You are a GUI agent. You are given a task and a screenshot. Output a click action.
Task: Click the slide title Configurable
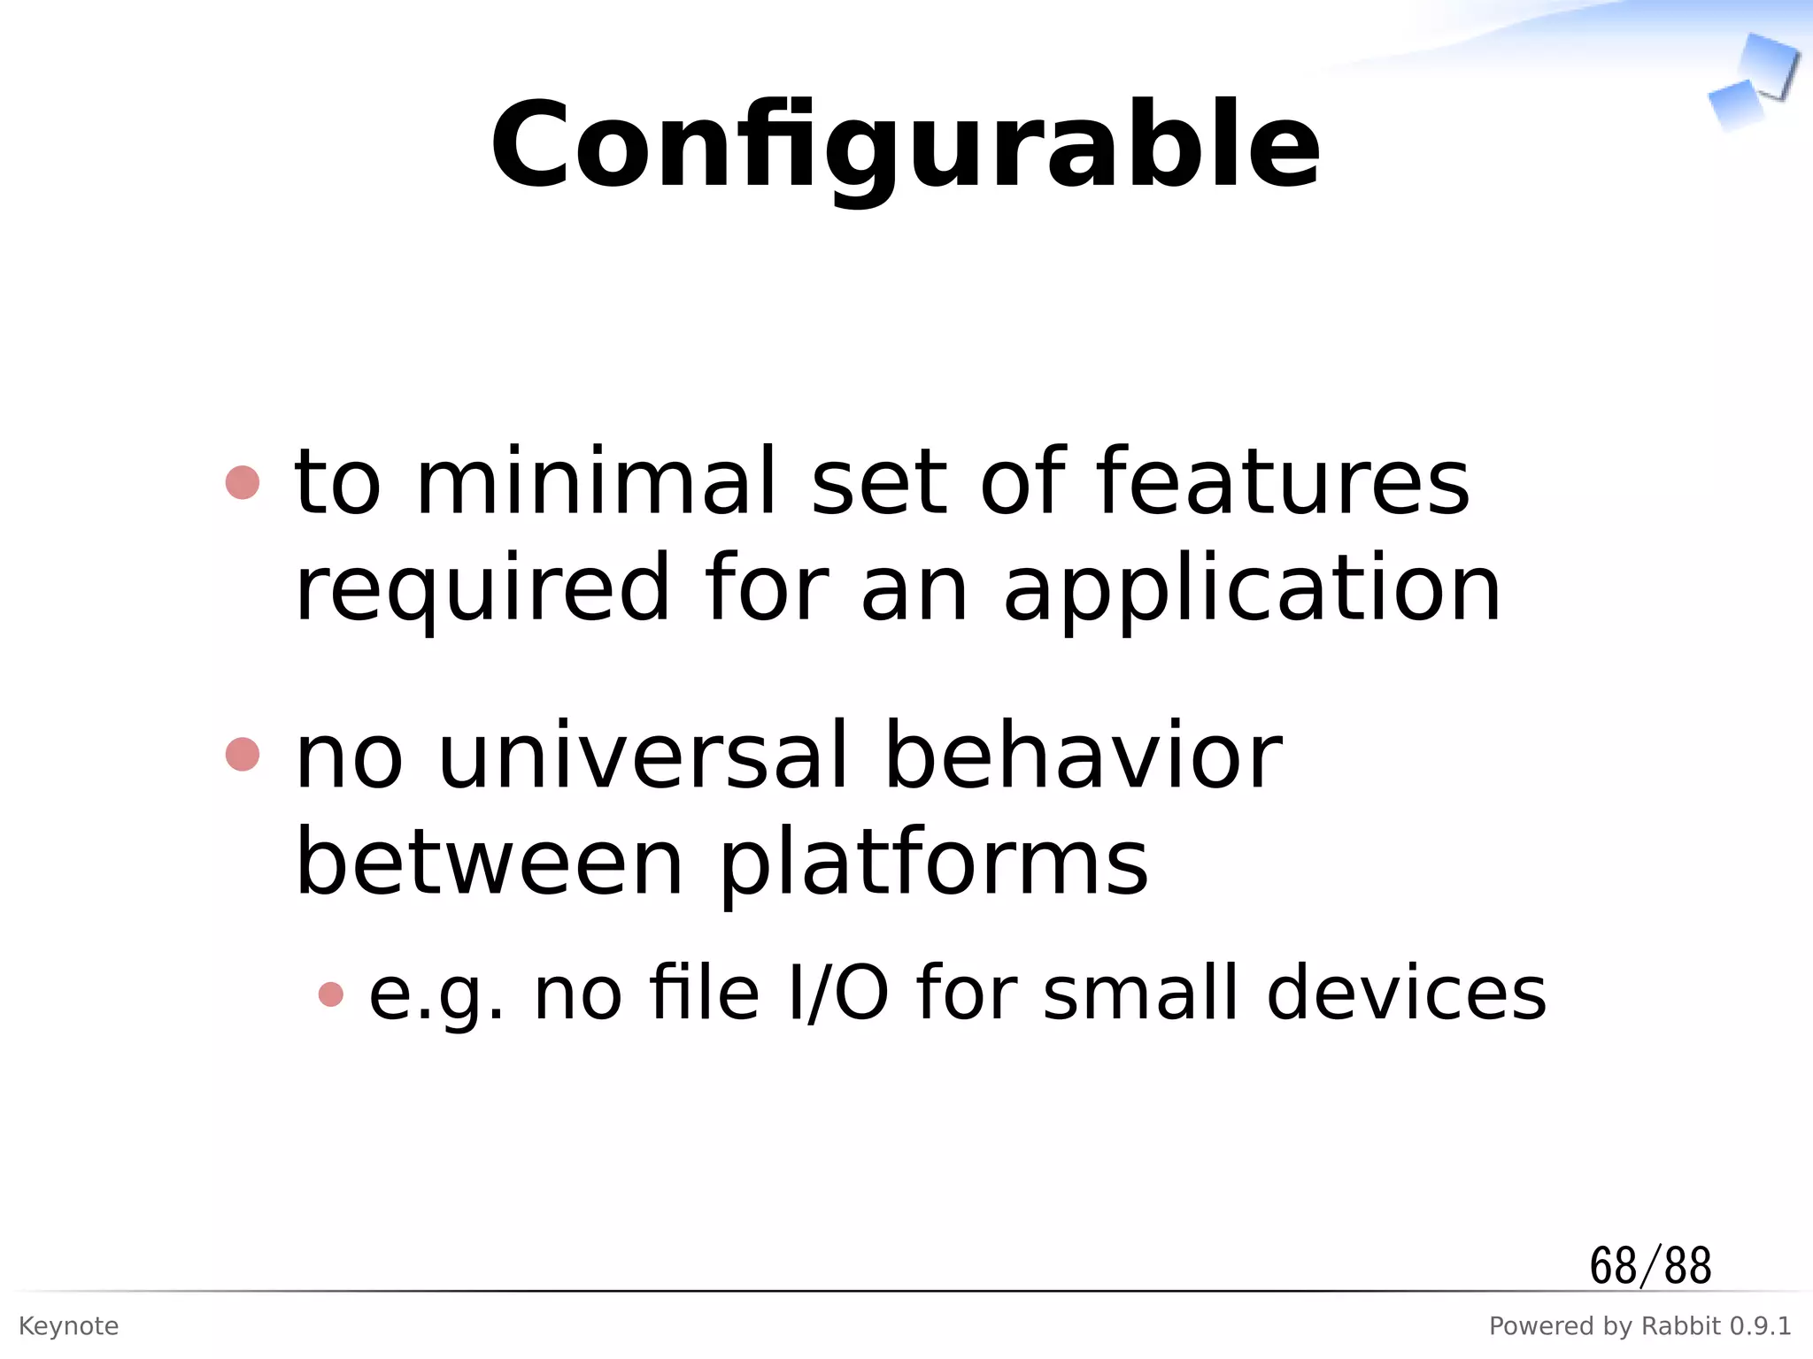[x=905, y=146]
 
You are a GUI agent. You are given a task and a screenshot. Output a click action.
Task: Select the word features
[x=1283, y=482]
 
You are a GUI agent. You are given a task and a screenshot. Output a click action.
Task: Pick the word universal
[x=644, y=756]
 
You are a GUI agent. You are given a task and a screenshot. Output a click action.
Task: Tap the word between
[x=490, y=863]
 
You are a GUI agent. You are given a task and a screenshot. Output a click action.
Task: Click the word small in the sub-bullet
[x=1139, y=994]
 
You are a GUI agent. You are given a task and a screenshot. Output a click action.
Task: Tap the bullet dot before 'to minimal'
[x=243, y=483]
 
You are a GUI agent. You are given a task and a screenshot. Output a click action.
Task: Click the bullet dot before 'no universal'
[x=243, y=755]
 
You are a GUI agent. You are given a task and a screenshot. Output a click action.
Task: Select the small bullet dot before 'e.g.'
[x=330, y=994]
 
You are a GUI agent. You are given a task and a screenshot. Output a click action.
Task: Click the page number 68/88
[x=1650, y=1266]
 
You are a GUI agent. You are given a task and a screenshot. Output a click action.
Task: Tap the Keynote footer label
[x=68, y=1326]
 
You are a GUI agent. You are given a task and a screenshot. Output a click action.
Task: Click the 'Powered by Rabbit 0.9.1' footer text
[x=1639, y=1326]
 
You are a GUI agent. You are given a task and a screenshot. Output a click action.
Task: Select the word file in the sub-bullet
[x=704, y=994]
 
